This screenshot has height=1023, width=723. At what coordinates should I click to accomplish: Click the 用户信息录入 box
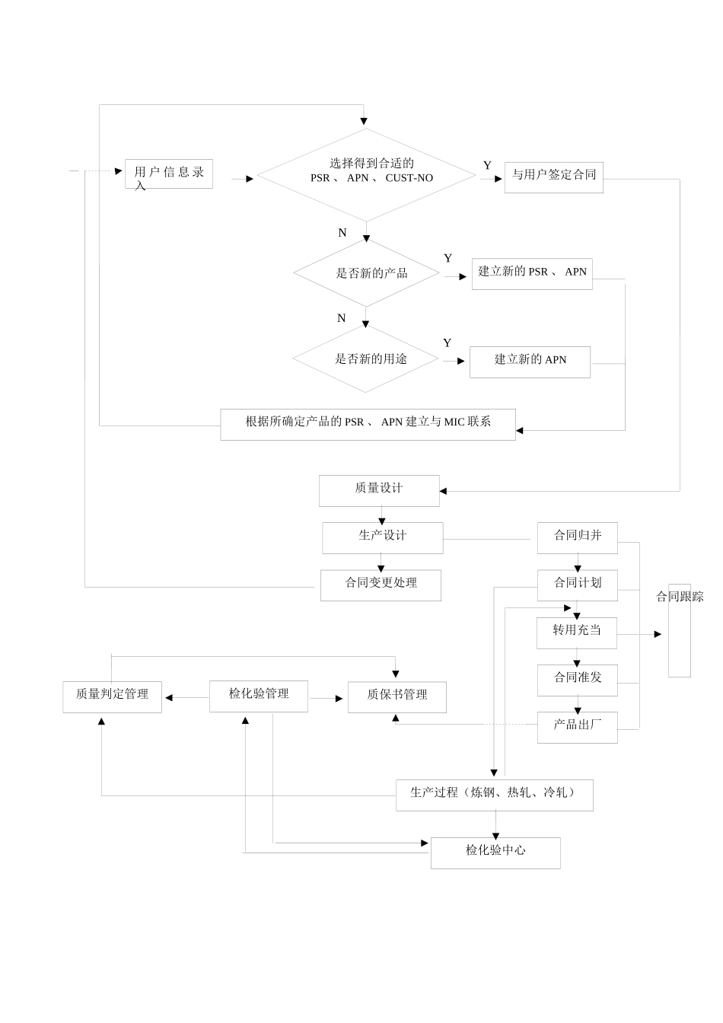pyautogui.click(x=168, y=174)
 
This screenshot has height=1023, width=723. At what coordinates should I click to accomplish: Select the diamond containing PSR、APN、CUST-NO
pyautogui.click(x=366, y=175)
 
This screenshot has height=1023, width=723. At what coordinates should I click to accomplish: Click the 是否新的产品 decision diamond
pyautogui.click(x=367, y=273)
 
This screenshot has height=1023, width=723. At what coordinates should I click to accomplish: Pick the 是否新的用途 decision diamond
pyautogui.click(x=366, y=359)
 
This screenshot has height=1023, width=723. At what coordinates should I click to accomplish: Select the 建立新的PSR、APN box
pyautogui.click(x=532, y=272)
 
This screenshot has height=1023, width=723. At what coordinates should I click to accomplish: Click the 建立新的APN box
pyautogui.click(x=530, y=361)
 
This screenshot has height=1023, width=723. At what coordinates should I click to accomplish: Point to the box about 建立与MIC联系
pyautogui.click(x=368, y=423)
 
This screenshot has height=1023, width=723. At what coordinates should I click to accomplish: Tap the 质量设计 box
pyautogui.click(x=379, y=489)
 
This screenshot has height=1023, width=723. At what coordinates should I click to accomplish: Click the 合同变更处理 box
pyautogui.click(x=381, y=584)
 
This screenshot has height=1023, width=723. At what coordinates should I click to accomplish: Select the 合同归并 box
pyautogui.click(x=577, y=537)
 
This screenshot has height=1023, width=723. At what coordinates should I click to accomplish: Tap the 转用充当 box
pyautogui.click(x=576, y=632)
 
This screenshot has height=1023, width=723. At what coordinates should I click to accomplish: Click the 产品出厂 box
pyautogui.click(x=576, y=726)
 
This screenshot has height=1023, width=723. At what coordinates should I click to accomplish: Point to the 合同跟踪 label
pyautogui.click(x=680, y=598)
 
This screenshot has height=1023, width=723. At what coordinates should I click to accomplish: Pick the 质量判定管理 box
pyautogui.click(x=112, y=696)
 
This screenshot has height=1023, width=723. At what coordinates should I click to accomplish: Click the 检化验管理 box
pyautogui.click(x=259, y=695)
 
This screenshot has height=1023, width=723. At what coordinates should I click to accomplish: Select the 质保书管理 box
pyautogui.click(x=397, y=696)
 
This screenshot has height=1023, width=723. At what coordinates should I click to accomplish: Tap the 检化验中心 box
pyautogui.click(x=495, y=852)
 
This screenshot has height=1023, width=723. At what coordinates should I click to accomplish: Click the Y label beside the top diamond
pyautogui.click(x=487, y=165)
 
